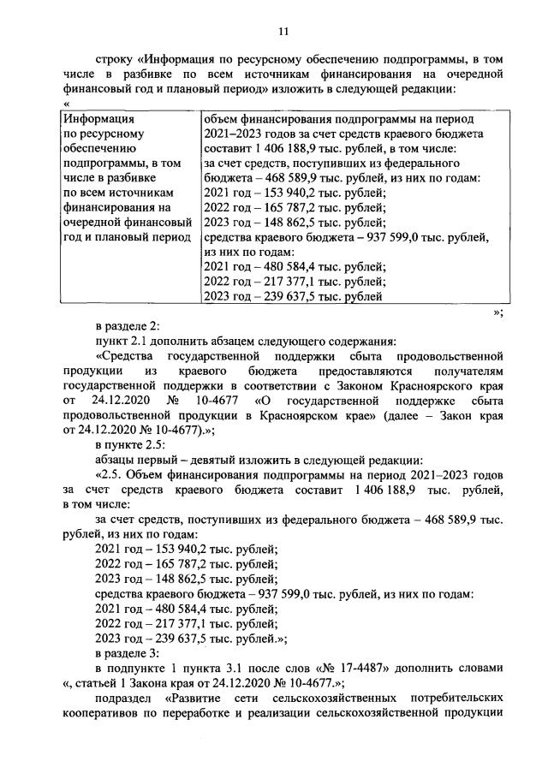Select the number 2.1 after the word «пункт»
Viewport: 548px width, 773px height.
141,341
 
